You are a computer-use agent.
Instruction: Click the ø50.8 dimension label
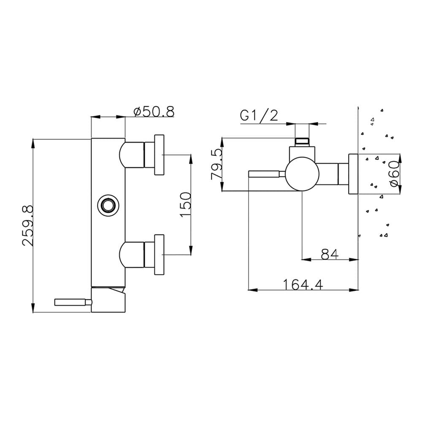coord(154,111)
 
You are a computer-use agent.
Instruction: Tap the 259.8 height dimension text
coord(28,225)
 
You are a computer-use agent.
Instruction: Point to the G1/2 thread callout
coord(259,116)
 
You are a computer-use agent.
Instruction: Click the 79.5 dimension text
coord(217,165)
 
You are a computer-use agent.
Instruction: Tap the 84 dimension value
coord(330,254)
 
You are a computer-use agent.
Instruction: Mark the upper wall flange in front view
coord(160,155)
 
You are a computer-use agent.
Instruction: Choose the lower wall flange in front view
coord(160,254)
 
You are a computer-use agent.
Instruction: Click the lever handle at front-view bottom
coord(73,302)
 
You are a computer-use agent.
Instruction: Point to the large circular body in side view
coord(302,174)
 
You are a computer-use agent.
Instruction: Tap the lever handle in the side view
coord(266,174)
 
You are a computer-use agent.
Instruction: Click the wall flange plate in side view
coord(353,174)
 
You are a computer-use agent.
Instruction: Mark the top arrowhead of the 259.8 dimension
coord(33,143)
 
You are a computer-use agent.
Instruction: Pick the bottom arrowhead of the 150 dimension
coord(191,250)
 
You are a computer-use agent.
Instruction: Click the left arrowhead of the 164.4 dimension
coord(252,290)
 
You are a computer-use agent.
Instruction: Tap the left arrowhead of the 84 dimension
coord(306,260)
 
